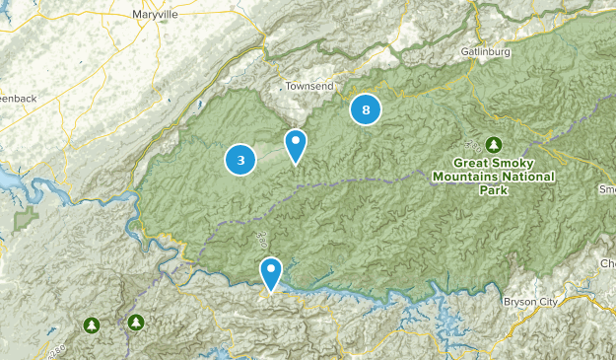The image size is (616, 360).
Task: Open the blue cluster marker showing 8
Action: point(366,109)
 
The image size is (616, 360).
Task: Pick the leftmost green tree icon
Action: point(92,324)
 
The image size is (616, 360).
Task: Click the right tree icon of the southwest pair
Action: point(135,322)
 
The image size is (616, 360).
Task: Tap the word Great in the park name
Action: point(471,163)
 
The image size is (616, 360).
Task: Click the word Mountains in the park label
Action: point(464,177)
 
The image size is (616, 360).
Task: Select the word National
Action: point(526,177)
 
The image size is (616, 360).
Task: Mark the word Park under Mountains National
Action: point(493,190)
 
